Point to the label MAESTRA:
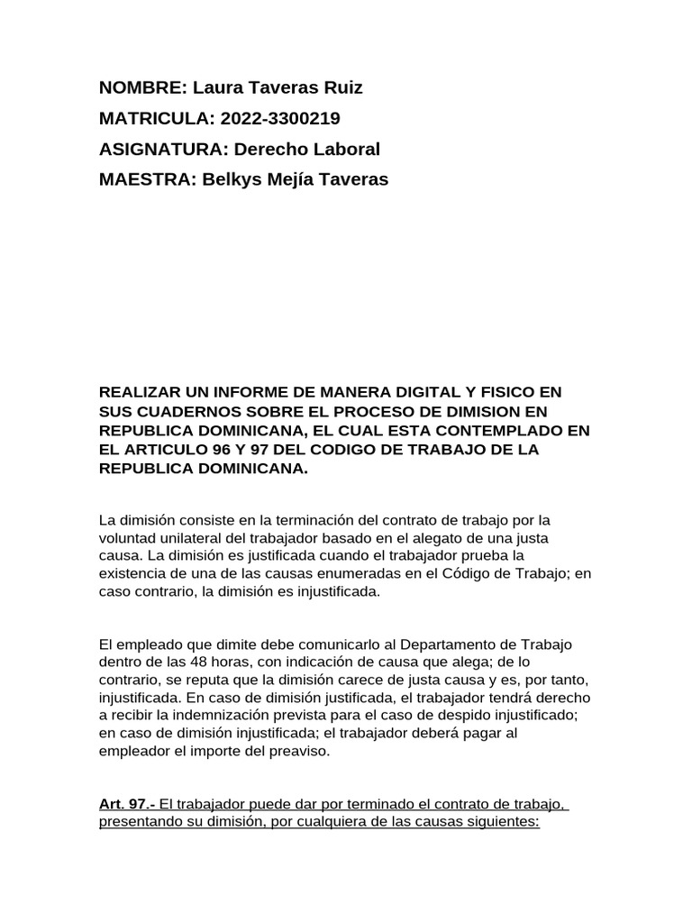148,179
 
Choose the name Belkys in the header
230,179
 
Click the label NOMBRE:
141,87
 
